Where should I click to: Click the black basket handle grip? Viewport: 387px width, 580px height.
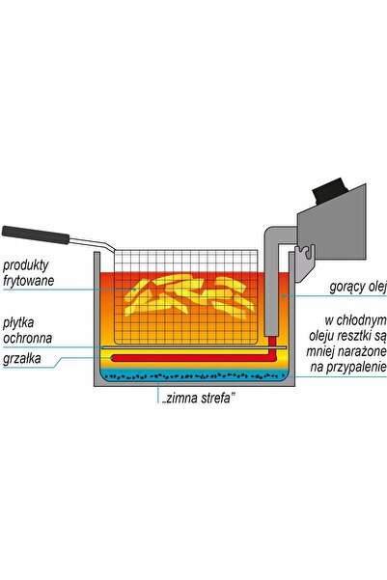[x=36, y=235]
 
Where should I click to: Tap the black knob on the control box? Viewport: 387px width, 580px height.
[x=329, y=190]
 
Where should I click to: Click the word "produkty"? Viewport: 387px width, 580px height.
[x=25, y=265]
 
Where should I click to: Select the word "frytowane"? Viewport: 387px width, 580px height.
[x=29, y=281]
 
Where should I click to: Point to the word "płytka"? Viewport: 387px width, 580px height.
[x=18, y=323]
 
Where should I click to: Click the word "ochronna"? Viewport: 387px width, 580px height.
[x=27, y=338]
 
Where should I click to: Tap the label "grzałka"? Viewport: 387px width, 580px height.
[x=22, y=359]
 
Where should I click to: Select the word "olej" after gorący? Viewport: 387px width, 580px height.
[x=377, y=287]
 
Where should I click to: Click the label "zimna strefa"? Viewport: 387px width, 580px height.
[x=199, y=399]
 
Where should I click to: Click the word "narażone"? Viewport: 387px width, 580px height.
[x=363, y=351]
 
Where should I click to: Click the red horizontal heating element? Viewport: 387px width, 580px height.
[x=192, y=358]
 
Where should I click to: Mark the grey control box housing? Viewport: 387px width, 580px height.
[x=332, y=230]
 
